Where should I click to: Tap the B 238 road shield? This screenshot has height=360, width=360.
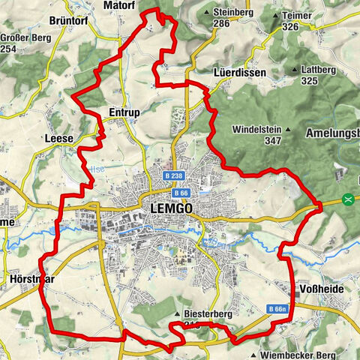[172, 175]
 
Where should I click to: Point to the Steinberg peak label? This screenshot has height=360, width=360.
[231, 13]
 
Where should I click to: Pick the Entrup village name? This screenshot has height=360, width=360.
[124, 112]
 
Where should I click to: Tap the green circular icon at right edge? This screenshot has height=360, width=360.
[347, 199]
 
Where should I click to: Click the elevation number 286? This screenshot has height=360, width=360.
[220, 24]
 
